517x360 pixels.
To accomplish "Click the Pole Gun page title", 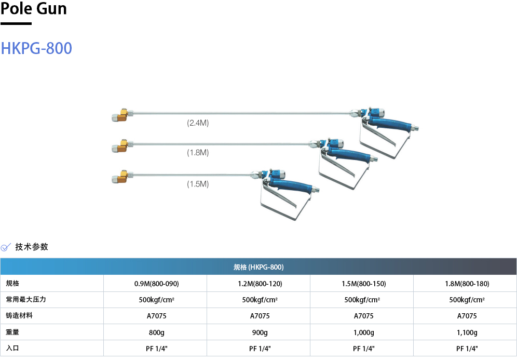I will tap(34, 9).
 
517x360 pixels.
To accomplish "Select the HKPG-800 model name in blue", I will tap(36, 48).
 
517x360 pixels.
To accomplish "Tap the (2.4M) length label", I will tap(198, 123).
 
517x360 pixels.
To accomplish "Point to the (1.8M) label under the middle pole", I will tap(198, 152).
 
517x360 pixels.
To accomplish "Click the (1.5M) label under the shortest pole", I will tap(198, 183).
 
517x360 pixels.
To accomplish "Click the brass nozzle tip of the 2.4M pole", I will tap(120, 115).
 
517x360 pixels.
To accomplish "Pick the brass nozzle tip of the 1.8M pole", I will tap(120, 146).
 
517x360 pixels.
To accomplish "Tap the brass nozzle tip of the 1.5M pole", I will tap(120, 177).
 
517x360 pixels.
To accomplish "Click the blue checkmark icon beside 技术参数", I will tap(6, 247).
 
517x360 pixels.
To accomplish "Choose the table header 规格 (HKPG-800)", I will tap(258, 267).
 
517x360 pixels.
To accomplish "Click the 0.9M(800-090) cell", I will tap(156, 284).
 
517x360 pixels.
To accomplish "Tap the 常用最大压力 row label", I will tap(23, 300).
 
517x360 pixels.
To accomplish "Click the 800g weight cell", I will tap(156, 332).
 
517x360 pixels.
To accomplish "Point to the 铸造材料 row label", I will tap(19, 316).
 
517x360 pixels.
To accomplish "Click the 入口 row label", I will tap(12, 348).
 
